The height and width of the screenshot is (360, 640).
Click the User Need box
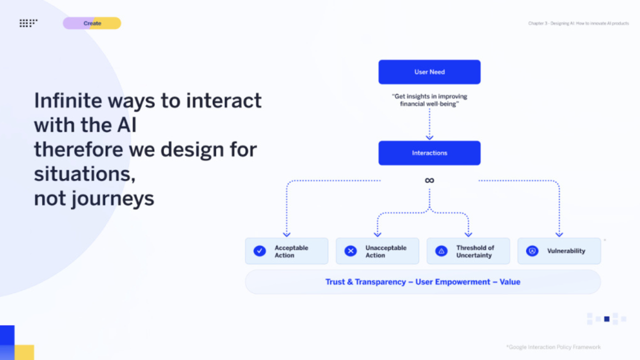tap(429, 72)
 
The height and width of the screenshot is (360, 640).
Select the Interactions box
tap(429, 153)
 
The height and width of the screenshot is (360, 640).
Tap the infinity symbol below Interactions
tap(429, 180)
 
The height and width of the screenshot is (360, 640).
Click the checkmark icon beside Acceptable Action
tap(259, 251)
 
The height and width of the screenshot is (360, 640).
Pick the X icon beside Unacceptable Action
tap(350, 251)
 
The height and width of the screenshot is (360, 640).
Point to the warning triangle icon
tap(441, 251)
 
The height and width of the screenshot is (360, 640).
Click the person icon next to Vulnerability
tap(532, 251)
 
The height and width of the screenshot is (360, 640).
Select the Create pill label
tap(92, 23)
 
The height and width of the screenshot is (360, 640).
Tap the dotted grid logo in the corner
tap(28, 23)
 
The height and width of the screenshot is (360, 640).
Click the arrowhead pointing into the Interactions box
tap(429, 137)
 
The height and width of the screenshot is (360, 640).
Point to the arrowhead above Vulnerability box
tap(559, 235)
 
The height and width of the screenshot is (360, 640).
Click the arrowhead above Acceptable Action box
tap(286, 235)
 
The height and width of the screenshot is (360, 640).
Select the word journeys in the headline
tap(113, 199)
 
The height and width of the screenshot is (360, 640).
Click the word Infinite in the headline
tap(68, 100)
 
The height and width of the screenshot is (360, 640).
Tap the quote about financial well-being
tap(429, 100)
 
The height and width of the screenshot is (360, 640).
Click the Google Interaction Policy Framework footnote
tap(553, 347)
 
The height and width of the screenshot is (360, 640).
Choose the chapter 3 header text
tap(578, 23)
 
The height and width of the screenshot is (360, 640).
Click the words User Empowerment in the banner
tap(452, 282)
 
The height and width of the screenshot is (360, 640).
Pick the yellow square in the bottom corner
tap(24, 352)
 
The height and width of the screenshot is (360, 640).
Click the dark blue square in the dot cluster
tap(607, 319)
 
